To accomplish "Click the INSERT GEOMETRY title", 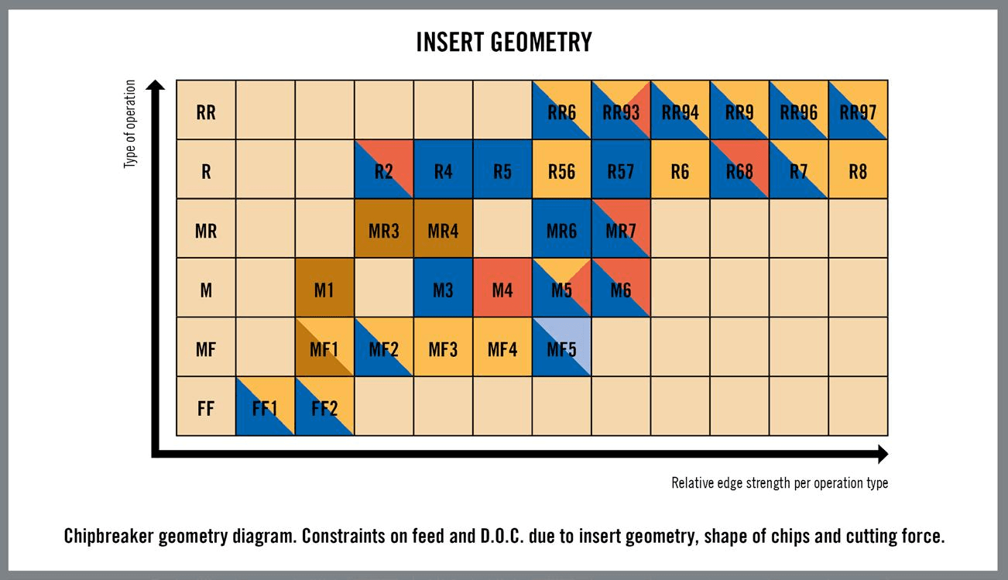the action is pos(504,42).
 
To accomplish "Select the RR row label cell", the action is pos(206,110).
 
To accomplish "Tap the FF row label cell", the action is pos(206,406).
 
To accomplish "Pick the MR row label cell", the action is pos(206,228).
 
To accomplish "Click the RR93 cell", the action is pos(621,110).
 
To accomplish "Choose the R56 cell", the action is pos(561,169).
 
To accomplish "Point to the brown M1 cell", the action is pos(324,287).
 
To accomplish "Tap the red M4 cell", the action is pos(502,287).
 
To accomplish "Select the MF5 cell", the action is pos(561,346).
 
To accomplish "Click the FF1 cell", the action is pos(265,406).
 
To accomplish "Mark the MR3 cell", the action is pos(384,228).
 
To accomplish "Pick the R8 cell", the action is pos(858,169).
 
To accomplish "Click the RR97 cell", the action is pos(858,110).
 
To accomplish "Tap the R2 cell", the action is pos(384,169).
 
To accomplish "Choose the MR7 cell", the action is pos(621,228).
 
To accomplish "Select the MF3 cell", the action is pos(444,346).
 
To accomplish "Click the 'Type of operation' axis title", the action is pos(129,124).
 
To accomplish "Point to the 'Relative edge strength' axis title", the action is pos(780,483).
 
